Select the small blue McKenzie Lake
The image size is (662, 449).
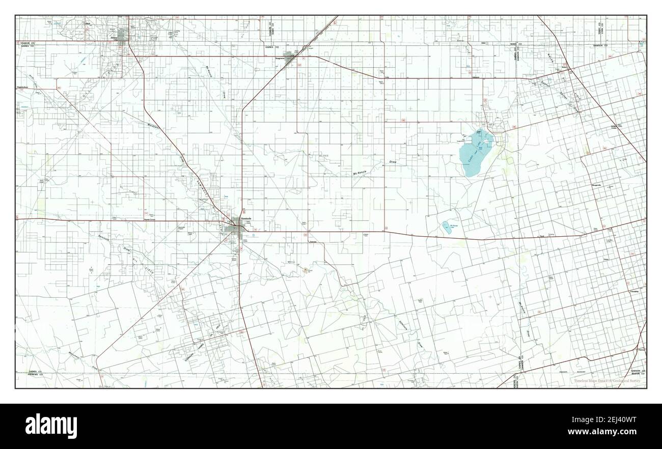pyautogui.click(x=447, y=228)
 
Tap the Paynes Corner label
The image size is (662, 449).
pyautogui.click(x=149, y=219)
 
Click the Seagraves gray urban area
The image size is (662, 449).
pyautogui.click(x=292, y=58)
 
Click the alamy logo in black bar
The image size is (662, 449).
pyautogui.click(x=51, y=425)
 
